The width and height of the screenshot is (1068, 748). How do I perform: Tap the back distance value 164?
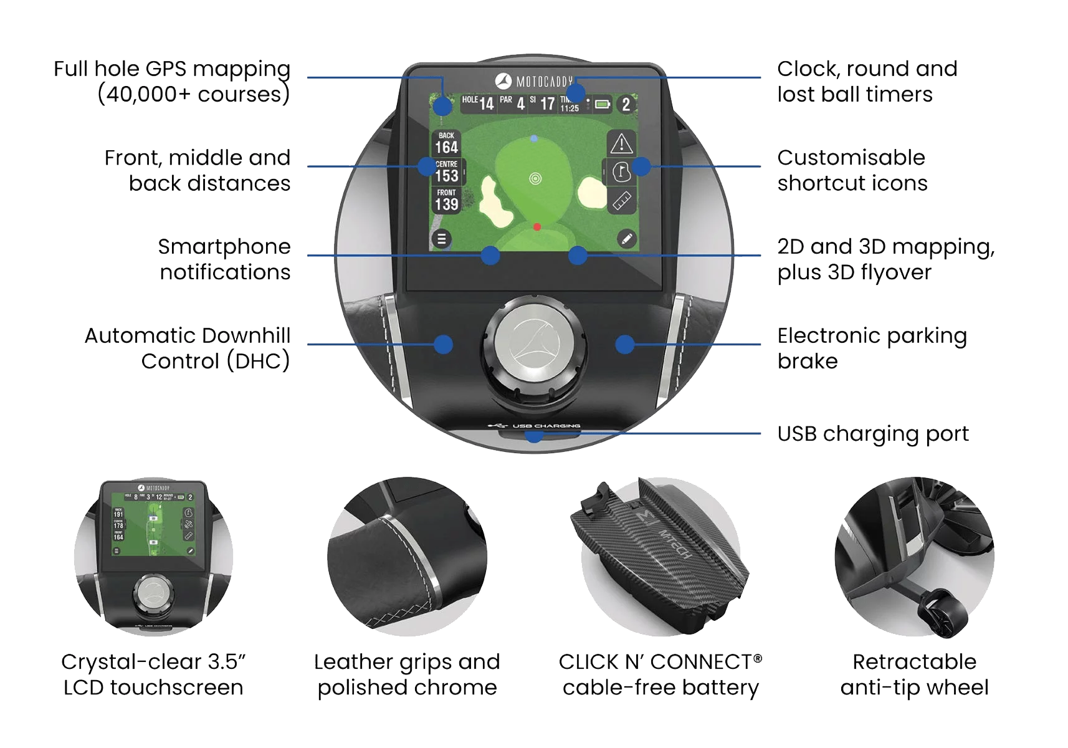[446, 148]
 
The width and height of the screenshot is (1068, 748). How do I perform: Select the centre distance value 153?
[446, 176]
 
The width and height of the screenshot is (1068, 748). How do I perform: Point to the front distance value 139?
[446, 204]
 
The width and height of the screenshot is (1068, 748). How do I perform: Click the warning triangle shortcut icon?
[621, 144]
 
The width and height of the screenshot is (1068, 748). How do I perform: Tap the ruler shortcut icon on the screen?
[621, 201]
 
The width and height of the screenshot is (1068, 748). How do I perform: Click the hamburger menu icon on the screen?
[441, 239]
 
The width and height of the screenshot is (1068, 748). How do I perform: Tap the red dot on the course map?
[537, 227]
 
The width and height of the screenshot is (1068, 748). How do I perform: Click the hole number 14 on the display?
[486, 103]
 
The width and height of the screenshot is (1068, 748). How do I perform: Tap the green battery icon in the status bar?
[602, 104]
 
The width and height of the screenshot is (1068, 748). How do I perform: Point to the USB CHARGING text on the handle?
[546, 426]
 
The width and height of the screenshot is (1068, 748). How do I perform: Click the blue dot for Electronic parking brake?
[625, 344]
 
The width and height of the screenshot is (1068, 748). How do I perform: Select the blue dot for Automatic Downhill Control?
[443, 344]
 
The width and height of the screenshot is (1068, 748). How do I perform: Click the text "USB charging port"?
[874, 434]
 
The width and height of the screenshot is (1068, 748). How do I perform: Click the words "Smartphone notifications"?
[224, 259]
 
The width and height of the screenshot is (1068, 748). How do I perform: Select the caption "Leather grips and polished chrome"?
[408, 675]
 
